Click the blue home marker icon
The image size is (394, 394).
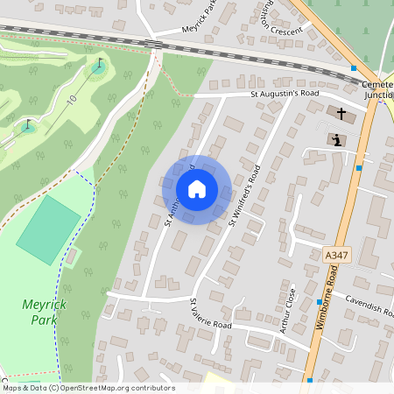(197, 188)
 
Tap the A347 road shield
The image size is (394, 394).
(330, 254)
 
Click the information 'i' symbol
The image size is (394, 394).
(338, 139)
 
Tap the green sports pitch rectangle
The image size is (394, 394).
(47, 229)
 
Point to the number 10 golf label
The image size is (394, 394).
(71, 100)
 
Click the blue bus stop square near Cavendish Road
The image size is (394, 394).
(320, 302)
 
